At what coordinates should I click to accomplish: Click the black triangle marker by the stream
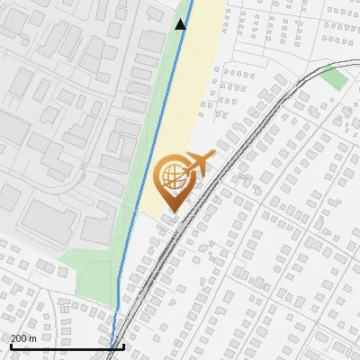pyautogui.click(x=181, y=23)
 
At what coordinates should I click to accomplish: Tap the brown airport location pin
pyautogui.click(x=172, y=181)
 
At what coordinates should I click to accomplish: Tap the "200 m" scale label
pyautogui.click(x=22, y=337)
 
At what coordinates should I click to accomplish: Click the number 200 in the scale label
pyautogui.click(x=18, y=337)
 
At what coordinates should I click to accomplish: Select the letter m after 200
pyautogui.click(x=32, y=337)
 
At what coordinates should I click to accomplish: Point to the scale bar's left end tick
pyautogui.click(x=10, y=346)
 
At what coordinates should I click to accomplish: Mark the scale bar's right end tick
pyautogui.click(x=123, y=346)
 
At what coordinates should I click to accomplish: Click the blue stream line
pyautogui.click(x=144, y=180)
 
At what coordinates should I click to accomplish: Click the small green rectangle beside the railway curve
pyautogui.click(x=334, y=77)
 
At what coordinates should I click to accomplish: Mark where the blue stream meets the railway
pyautogui.click(x=113, y=341)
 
